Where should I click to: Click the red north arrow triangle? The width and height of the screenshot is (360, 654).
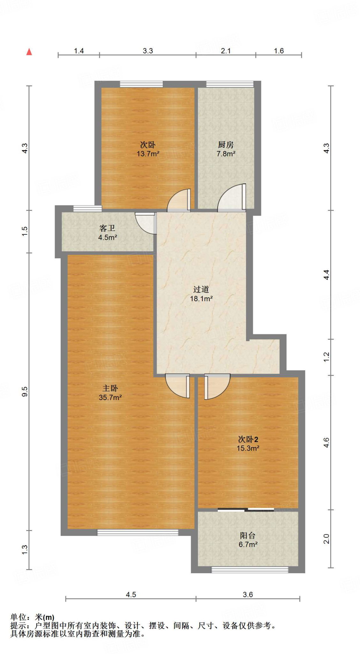[x=29, y=52]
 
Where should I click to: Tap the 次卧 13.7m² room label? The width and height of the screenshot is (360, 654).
[x=148, y=149]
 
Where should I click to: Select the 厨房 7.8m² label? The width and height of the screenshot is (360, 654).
[x=226, y=149]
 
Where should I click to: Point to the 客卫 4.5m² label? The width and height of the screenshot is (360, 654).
[x=107, y=232]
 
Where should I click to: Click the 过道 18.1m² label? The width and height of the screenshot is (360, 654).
[x=201, y=294]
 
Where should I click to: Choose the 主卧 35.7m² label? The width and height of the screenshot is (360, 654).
[x=110, y=393]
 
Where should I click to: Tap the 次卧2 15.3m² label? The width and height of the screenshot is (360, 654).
[x=248, y=444]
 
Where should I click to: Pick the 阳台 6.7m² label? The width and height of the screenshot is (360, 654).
[x=248, y=540]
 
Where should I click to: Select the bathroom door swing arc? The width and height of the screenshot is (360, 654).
[x=145, y=223]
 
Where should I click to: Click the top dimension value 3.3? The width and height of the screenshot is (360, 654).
[x=148, y=51]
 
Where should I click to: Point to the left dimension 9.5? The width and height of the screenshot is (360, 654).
[x=25, y=391]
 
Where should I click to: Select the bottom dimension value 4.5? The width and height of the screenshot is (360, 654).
[x=131, y=595]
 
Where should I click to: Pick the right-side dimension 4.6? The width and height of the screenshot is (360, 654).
[x=326, y=442]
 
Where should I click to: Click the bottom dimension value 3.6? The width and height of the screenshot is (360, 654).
[x=248, y=595]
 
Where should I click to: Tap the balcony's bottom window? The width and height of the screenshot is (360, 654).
[x=250, y=569]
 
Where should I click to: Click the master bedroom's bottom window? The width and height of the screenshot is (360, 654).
[x=138, y=532]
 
